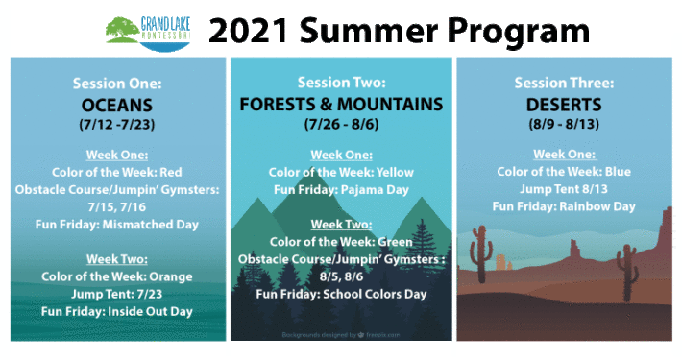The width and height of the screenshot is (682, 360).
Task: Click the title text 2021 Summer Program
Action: (x=398, y=31)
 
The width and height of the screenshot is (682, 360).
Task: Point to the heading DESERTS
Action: (x=567, y=104)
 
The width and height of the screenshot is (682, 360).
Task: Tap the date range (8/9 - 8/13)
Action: (x=567, y=124)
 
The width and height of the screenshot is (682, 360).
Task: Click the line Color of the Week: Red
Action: (x=117, y=172)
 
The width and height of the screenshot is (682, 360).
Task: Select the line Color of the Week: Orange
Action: (x=117, y=276)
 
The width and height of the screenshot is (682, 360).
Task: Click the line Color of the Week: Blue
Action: (x=567, y=172)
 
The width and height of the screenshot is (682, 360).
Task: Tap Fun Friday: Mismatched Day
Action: (x=117, y=225)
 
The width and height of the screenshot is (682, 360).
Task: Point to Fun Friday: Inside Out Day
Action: (x=117, y=311)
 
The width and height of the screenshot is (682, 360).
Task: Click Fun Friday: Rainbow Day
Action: (x=567, y=206)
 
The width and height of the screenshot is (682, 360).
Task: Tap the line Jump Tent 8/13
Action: (x=567, y=189)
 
